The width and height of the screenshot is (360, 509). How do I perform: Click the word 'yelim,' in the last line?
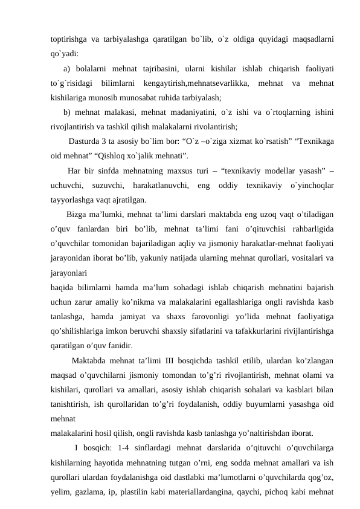62,491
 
